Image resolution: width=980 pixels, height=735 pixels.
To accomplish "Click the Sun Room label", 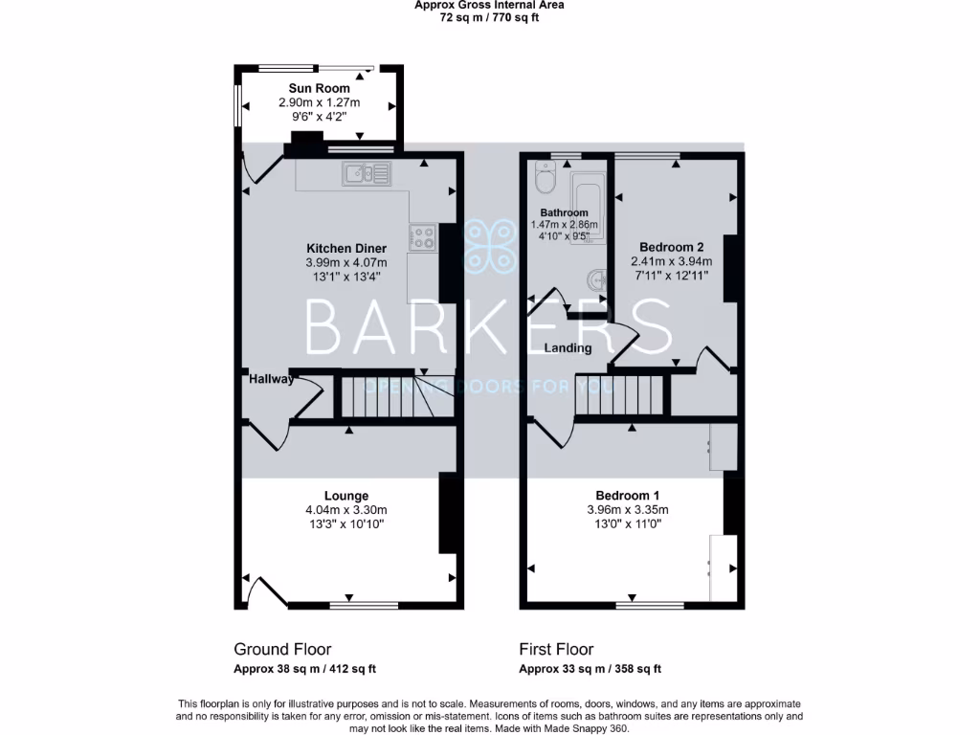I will click(319, 88).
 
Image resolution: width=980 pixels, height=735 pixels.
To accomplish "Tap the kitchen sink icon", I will click(367, 173).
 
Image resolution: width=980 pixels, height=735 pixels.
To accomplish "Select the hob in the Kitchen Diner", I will click(422, 236).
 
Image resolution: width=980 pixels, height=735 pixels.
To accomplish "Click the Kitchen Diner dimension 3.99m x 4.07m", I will click(345, 262).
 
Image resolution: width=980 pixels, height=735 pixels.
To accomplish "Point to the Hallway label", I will click(272, 379).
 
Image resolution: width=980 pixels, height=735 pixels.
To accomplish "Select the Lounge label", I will click(345, 496).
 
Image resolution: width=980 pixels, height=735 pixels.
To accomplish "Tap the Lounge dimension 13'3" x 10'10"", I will click(345, 524).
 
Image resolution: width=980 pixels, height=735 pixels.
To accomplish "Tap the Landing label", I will click(568, 348).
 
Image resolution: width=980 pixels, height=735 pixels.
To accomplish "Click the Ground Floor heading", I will click(282, 649).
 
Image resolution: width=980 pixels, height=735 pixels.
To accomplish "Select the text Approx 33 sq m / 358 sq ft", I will click(590, 669).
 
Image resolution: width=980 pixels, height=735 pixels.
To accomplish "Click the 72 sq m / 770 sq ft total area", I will click(489, 17).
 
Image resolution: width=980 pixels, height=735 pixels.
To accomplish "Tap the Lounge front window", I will click(364, 605).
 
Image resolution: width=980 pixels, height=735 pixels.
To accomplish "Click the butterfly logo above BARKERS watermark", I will click(489, 247).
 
